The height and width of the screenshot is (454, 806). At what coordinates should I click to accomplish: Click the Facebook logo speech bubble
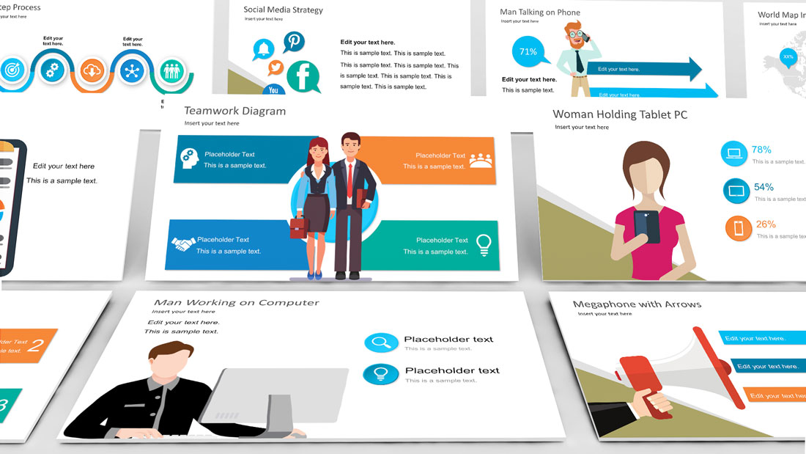303,76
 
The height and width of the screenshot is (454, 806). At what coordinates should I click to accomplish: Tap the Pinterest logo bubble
295,42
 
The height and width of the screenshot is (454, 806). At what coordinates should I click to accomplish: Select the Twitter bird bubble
276,67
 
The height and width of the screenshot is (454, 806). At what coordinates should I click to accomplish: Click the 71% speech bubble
528,52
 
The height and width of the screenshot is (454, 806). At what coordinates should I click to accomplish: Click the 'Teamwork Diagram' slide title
234,111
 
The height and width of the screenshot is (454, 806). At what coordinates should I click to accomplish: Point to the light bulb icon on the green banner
484,244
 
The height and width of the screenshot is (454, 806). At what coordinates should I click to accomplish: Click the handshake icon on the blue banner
182,244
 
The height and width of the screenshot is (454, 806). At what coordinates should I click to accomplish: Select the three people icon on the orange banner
481,160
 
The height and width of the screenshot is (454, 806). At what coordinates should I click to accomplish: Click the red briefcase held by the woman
299,227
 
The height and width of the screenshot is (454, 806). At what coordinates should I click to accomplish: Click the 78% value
762,150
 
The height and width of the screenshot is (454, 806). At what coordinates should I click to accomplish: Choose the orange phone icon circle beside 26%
739,228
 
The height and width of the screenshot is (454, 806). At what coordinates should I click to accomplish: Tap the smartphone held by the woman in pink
646,226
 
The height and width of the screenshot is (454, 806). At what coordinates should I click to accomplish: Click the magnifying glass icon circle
381,342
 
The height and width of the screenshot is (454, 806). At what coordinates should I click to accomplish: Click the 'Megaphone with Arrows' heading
637,304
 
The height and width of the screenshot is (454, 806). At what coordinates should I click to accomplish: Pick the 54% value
764,187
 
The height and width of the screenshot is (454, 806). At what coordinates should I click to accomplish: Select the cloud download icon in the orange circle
92,70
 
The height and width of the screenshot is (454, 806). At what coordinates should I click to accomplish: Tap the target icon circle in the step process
12,70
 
